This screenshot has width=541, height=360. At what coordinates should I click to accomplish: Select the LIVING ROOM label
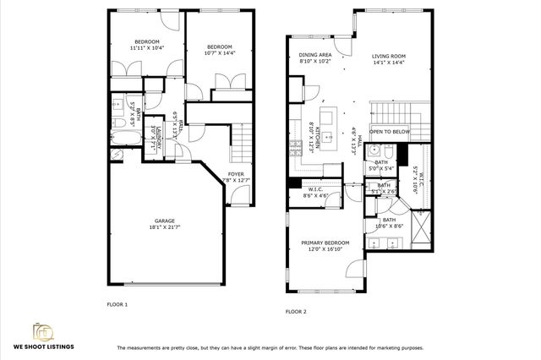point(389,57)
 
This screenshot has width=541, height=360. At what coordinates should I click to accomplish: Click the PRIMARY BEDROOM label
point(325,243)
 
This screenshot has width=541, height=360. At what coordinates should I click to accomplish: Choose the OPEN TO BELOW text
point(391,132)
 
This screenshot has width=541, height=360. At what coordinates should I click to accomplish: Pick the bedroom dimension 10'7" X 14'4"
point(219,52)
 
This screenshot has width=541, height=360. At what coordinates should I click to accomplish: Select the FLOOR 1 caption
point(117,303)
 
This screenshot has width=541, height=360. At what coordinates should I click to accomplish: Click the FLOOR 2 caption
point(295,312)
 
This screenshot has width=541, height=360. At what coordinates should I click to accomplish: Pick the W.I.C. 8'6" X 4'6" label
point(314,193)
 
